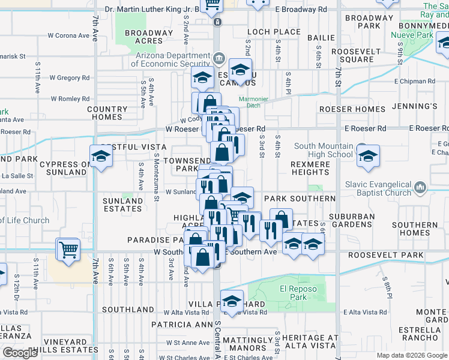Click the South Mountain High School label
pyautogui.click(x=323, y=150)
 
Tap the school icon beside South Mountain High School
pyautogui.click(x=367, y=156)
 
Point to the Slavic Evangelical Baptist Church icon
pyautogui.click(x=420, y=188)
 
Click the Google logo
pyautogui.click(x=20, y=353)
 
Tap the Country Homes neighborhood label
pyautogui.click(x=107, y=113)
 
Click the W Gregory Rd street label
pyautogui.click(x=70, y=78)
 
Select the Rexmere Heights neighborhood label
pyautogui.click(x=310, y=168)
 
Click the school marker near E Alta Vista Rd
pyautogui.click(x=231, y=301)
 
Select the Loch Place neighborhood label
pyautogui.click(x=274, y=32)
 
